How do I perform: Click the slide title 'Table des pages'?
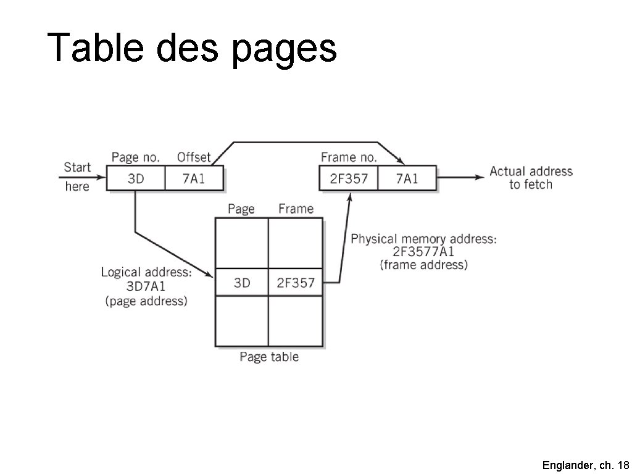[192, 48]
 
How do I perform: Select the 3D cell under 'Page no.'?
[136, 179]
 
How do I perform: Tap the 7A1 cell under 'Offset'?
[193, 179]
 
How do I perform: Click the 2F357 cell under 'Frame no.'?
[349, 179]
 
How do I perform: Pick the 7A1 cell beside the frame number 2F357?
[407, 179]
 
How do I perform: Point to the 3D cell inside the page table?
[242, 283]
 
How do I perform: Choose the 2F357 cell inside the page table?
[296, 283]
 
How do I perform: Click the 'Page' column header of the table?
[241, 209]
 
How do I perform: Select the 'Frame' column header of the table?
[296, 209]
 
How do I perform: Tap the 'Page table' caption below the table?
[269, 357]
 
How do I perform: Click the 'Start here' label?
[77, 177]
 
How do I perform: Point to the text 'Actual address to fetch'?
[531, 178]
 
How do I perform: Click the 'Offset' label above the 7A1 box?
[194, 158]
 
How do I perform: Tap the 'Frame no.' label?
[349, 158]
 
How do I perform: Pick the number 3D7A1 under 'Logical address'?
[147, 286]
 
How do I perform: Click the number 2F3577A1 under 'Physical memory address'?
[423, 252]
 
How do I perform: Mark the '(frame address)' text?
[423, 265]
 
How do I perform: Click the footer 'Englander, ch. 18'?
[586, 465]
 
